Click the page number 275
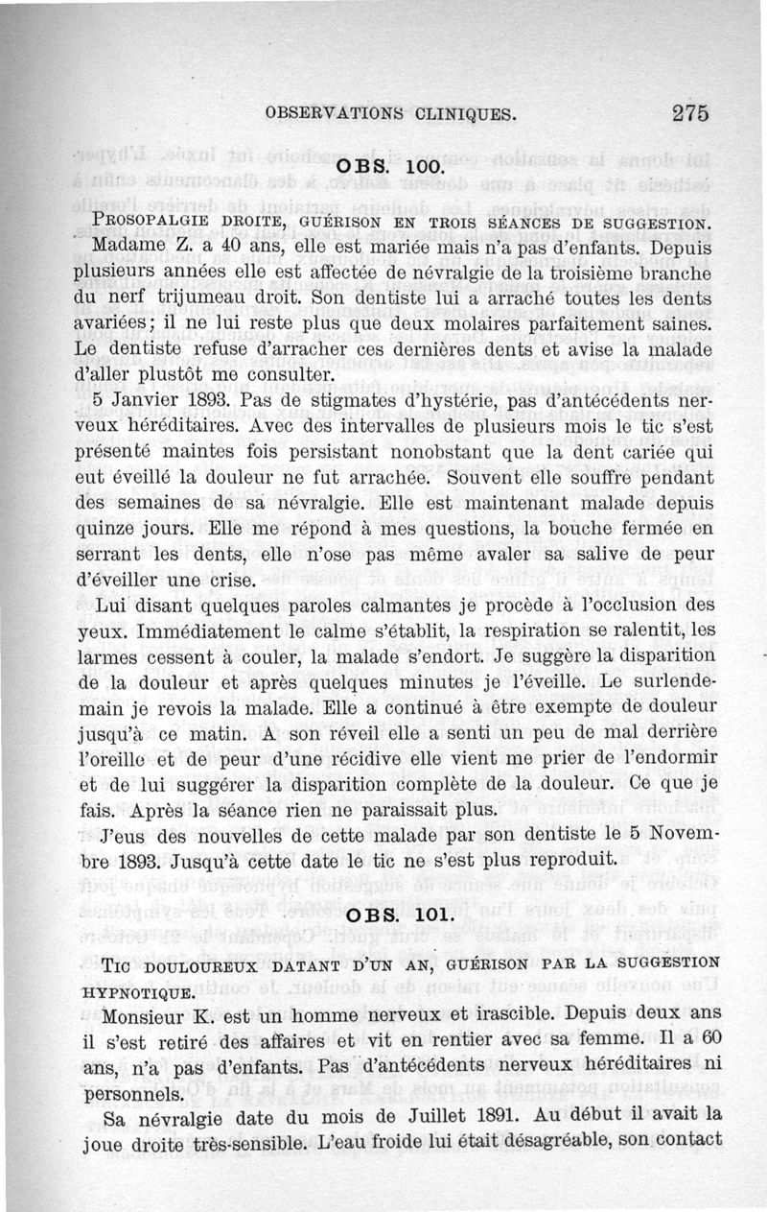689,112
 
